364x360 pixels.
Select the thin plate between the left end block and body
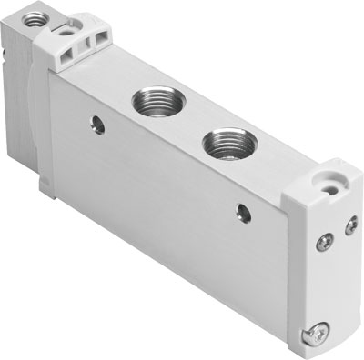click(43, 127)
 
